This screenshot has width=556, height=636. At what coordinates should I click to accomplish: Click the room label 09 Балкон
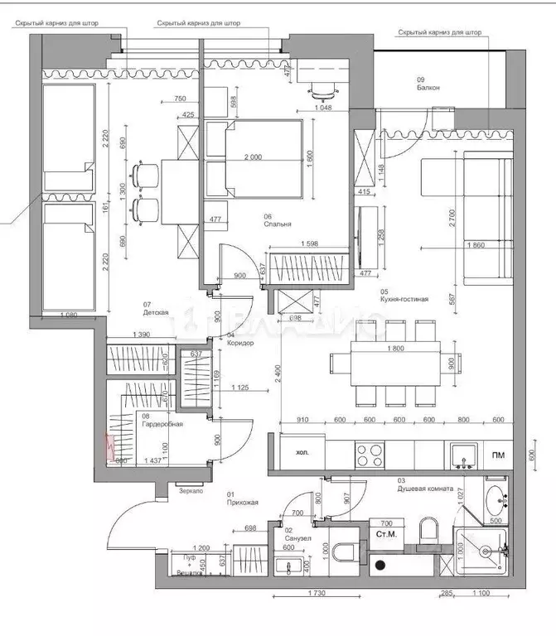(x=428, y=83)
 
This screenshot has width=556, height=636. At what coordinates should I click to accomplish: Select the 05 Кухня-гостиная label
(x=404, y=295)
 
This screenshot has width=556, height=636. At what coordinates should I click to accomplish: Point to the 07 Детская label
(x=156, y=309)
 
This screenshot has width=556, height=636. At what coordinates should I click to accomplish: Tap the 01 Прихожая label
(x=243, y=498)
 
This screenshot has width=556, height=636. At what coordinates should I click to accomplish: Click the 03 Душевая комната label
(x=425, y=484)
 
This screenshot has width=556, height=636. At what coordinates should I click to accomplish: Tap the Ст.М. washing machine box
(x=386, y=537)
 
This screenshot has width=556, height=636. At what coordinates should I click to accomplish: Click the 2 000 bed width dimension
(x=253, y=157)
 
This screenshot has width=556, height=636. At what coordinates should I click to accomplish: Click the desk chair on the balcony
(x=325, y=89)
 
